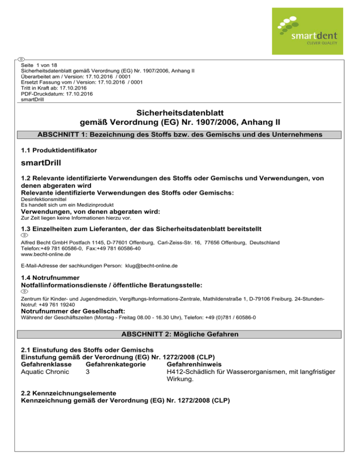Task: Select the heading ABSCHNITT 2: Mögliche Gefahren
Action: (x=180, y=336)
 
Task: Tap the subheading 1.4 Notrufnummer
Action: (x=50, y=278)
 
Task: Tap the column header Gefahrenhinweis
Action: (x=197, y=364)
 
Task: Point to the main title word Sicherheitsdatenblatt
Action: (x=180, y=113)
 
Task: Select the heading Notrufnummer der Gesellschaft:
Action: (x=73, y=311)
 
